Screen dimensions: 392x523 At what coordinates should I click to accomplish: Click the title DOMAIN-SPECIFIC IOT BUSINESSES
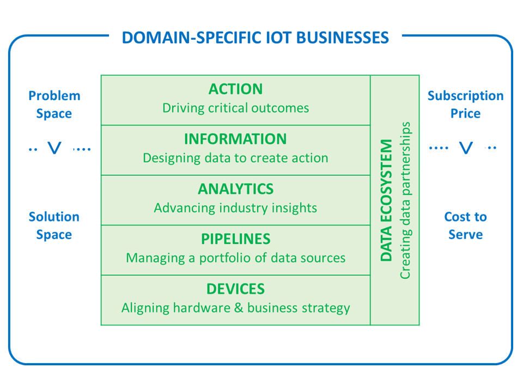tap(255, 38)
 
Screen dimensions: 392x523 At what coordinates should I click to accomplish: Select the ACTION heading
tap(235, 89)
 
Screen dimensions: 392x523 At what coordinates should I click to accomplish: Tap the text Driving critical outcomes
tap(235, 108)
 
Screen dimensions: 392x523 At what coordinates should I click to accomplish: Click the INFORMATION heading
tap(235, 139)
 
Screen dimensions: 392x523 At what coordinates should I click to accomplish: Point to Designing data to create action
tap(235, 158)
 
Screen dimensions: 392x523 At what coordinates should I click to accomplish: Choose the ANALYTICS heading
tap(235, 189)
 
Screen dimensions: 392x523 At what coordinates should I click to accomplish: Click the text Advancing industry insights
tap(235, 208)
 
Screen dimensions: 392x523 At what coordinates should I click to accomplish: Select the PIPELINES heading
tap(235, 240)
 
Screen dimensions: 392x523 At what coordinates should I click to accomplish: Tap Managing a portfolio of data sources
tap(235, 258)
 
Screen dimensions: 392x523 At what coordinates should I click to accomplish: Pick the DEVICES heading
tap(235, 289)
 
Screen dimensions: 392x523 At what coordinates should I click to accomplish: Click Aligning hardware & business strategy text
tap(235, 308)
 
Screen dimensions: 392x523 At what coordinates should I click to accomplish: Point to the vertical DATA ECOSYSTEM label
tap(386, 200)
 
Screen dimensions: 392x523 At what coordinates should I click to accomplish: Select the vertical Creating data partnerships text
tap(405, 200)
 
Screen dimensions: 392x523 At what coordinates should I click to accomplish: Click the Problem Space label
tap(54, 105)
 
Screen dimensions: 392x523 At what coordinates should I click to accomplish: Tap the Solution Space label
tap(54, 225)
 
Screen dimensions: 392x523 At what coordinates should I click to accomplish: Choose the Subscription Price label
tap(465, 105)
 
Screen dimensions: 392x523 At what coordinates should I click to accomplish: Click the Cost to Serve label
tap(465, 225)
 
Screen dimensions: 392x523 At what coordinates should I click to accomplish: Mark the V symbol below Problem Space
tap(54, 148)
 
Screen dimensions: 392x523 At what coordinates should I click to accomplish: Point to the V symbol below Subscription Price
tap(466, 148)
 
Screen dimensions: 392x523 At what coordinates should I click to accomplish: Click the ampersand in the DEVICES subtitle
tap(238, 308)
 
